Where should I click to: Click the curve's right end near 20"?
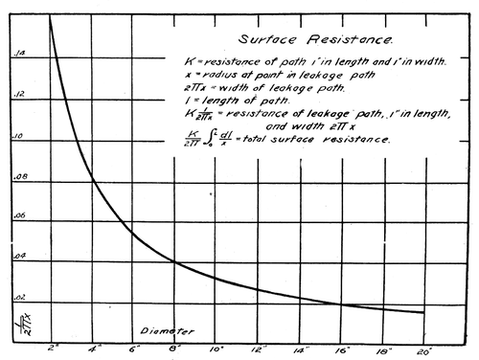[423, 312]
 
